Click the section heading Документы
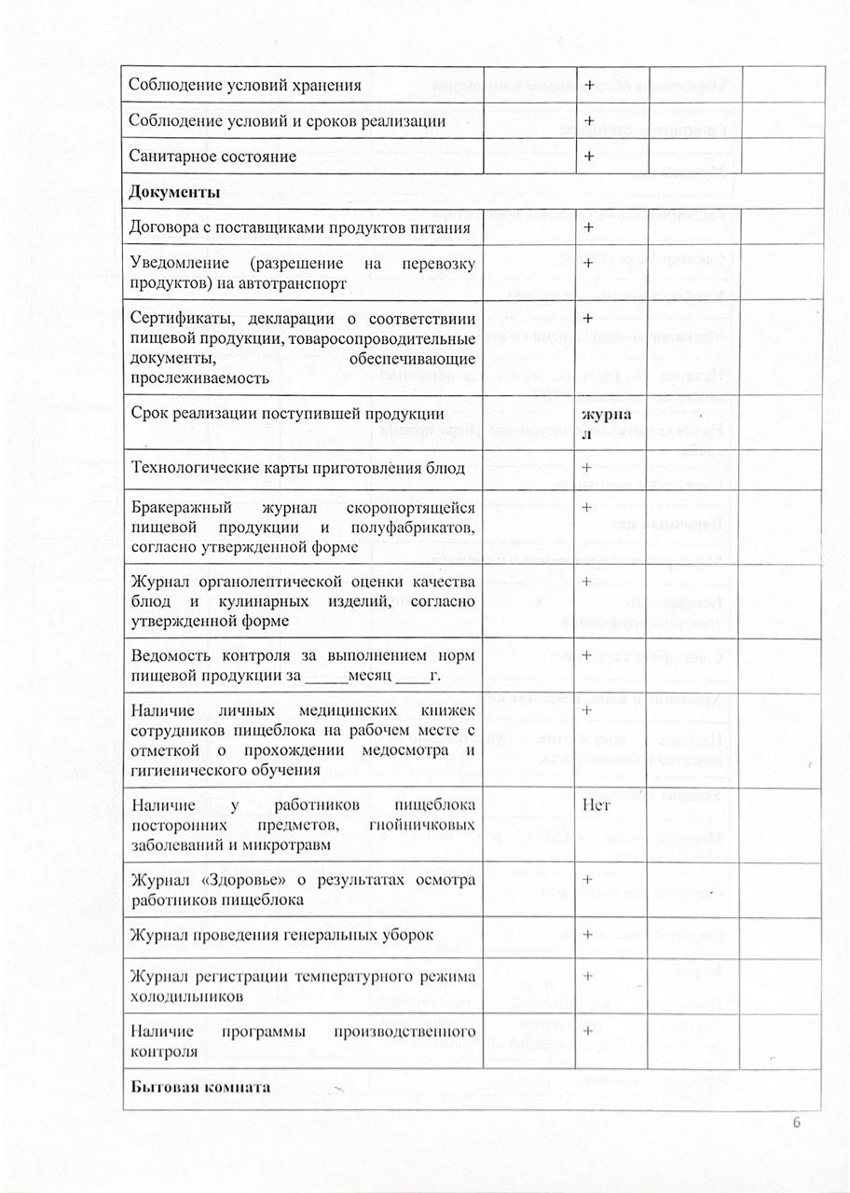pos(174,193)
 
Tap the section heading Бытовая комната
pos(200,1088)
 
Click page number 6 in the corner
pos(797,1123)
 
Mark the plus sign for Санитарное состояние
pos(590,156)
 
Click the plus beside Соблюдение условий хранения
pos(590,86)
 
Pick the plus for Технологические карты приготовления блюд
pos(588,467)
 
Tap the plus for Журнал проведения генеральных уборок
pos(588,934)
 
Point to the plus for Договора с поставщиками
pos(588,227)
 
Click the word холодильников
pos(187,995)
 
